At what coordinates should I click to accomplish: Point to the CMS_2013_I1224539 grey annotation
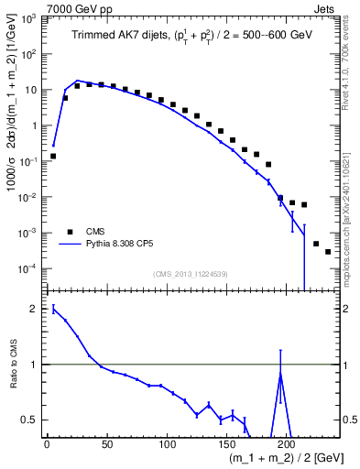pos(192,273)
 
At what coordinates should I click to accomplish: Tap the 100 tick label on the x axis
pos(167,444)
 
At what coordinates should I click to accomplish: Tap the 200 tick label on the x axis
pos(287,444)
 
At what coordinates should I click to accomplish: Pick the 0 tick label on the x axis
pos(47,444)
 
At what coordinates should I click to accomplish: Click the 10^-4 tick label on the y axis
pos(28,268)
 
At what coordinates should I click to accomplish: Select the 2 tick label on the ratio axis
pos(35,309)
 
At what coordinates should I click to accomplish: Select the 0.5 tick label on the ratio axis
pos(31,420)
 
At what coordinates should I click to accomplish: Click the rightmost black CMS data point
pos(328,251)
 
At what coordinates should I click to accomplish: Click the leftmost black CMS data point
pos(53,156)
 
